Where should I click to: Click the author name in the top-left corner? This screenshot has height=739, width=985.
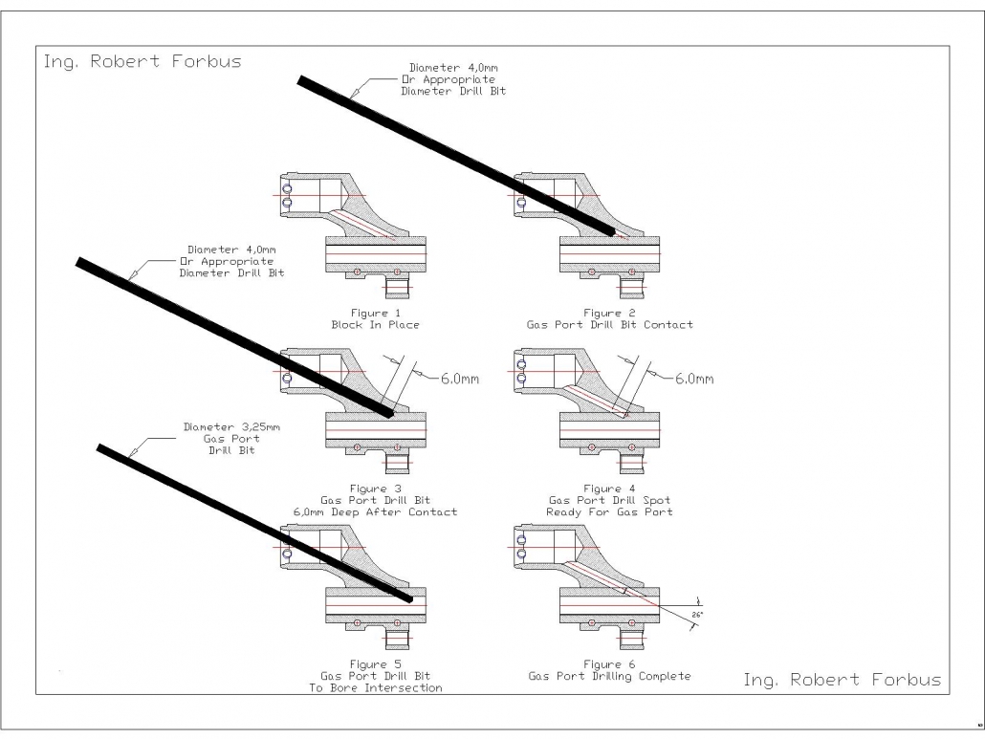pos(142,62)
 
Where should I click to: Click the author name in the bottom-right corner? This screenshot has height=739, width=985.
pos(842,680)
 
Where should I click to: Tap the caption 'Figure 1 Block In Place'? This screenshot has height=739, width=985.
pos(375,319)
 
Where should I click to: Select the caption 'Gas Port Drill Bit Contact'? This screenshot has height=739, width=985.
pos(609,319)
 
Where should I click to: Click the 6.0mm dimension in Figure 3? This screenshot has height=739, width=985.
pos(459,379)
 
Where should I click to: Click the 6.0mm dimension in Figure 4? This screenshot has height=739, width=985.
pos(694,379)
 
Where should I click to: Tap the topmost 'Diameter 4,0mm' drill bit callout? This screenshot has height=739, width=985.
pos(453,79)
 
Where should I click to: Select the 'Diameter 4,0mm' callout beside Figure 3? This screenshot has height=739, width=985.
pos(231,261)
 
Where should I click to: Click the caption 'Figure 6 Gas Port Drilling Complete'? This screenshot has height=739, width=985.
pos(609,670)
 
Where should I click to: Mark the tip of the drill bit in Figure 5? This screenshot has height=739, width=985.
pos(409,598)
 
